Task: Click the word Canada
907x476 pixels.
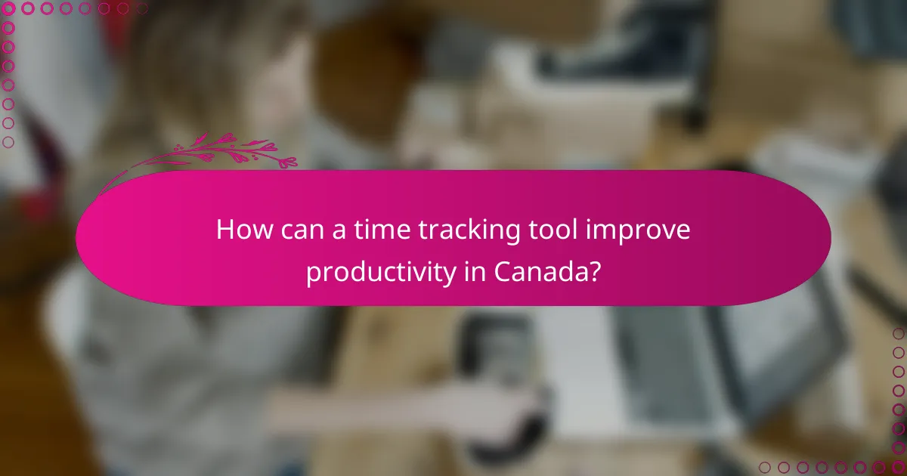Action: tap(540, 270)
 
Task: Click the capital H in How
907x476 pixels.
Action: tap(224, 230)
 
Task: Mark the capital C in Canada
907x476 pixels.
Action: tap(503, 270)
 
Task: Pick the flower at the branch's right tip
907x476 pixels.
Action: tap(287, 162)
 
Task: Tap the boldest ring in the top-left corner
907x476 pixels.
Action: tap(9, 9)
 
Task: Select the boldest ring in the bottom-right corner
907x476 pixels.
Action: tap(898, 467)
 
